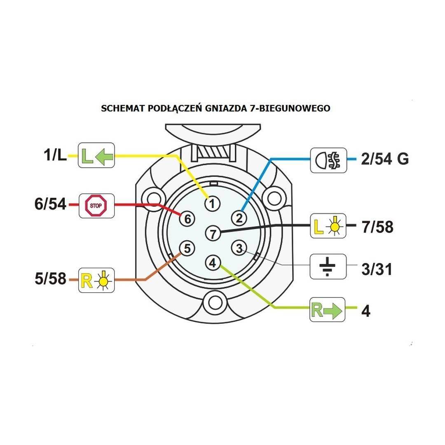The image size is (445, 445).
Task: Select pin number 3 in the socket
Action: click(x=238, y=248)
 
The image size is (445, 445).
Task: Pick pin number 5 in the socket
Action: click(x=187, y=248)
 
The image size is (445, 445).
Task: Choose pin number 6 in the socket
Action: click(x=187, y=219)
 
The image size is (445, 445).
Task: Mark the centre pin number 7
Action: click(x=212, y=234)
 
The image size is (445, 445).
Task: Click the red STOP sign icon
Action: click(x=96, y=204)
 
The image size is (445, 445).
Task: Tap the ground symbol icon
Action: click(x=328, y=266)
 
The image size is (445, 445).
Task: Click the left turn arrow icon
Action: click(x=96, y=156)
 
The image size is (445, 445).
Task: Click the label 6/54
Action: click(x=50, y=204)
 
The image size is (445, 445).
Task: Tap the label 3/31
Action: click(x=376, y=270)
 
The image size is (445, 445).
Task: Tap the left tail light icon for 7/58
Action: click(x=328, y=226)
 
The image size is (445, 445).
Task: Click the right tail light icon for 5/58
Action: click(x=96, y=280)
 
